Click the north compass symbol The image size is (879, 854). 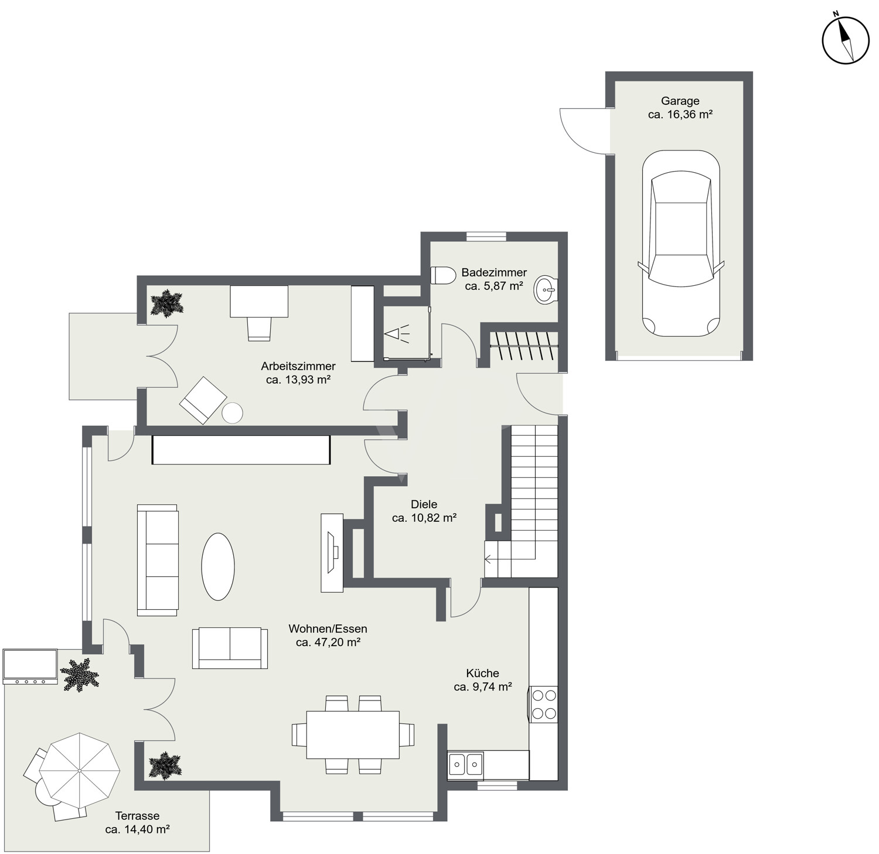tap(845, 40)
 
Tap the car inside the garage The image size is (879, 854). tap(681, 244)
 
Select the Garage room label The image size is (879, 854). tap(680, 101)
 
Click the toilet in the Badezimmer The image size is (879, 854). tap(444, 275)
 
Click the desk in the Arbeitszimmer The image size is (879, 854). tap(259, 301)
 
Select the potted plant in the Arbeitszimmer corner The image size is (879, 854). tap(167, 303)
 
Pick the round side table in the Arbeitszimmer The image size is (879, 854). tap(233, 413)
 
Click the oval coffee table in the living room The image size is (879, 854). tap(218, 566)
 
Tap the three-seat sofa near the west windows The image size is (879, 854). tap(158, 560)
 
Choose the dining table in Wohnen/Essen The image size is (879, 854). tap(353, 735)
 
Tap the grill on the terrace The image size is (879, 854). tap(30, 667)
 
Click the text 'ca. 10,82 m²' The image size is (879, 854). tap(424, 518)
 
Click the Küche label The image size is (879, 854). tap(483, 673)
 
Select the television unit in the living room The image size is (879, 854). tap(332, 552)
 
